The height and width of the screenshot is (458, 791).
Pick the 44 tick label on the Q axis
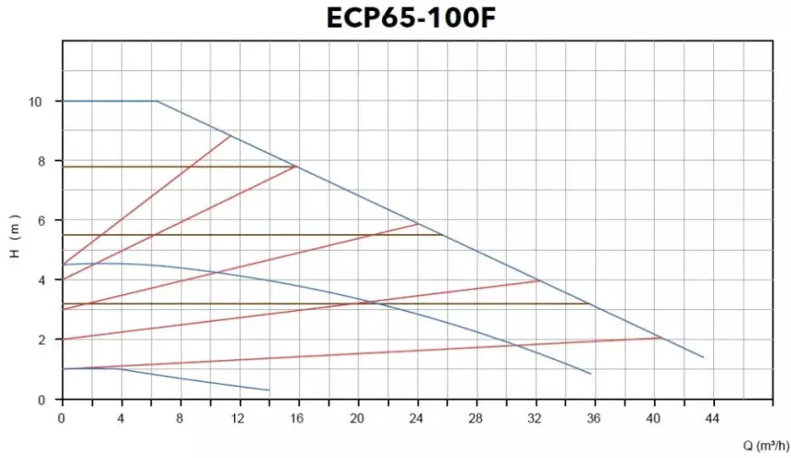click(712, 418)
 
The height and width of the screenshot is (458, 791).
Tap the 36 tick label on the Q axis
click(594, 418)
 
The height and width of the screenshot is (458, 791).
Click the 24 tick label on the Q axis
click(416, 418)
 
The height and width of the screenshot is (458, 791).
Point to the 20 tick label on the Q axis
click(357, 418)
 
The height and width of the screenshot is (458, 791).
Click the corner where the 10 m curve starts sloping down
click(157, 101)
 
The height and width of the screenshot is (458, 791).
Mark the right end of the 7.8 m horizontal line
click(295, 167)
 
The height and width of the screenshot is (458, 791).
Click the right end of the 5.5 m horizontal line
click(444, 235)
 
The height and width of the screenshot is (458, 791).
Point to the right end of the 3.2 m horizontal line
click(589, 303)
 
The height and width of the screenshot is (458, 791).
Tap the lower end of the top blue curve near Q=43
click(703, 357)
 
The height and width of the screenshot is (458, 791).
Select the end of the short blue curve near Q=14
click(269, 390)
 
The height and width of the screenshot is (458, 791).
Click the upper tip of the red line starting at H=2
click(539, 280)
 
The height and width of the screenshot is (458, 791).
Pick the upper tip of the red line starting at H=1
click(662, 338)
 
